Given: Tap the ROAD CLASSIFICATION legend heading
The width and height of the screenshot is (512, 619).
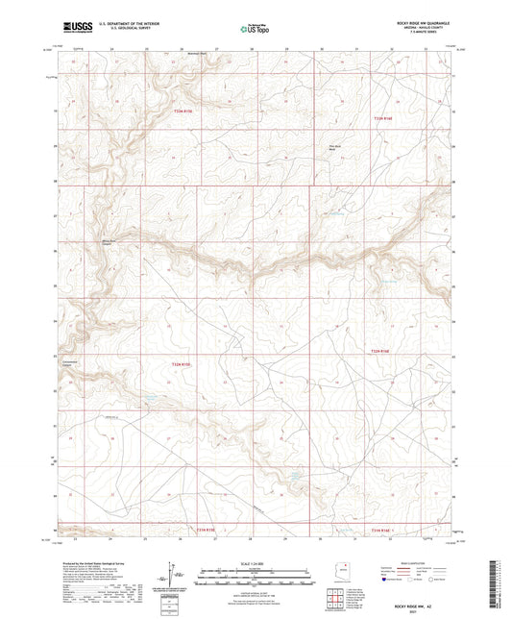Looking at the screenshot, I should [420, 563].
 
